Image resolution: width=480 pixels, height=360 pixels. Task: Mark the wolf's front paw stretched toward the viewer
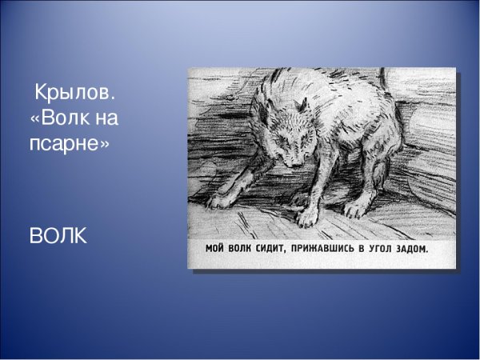click(306, 215)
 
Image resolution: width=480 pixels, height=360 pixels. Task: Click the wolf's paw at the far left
click(218, 200)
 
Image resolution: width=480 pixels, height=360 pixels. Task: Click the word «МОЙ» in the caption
click(216, 249)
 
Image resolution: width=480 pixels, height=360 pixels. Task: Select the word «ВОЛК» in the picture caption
click(244, 249)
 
